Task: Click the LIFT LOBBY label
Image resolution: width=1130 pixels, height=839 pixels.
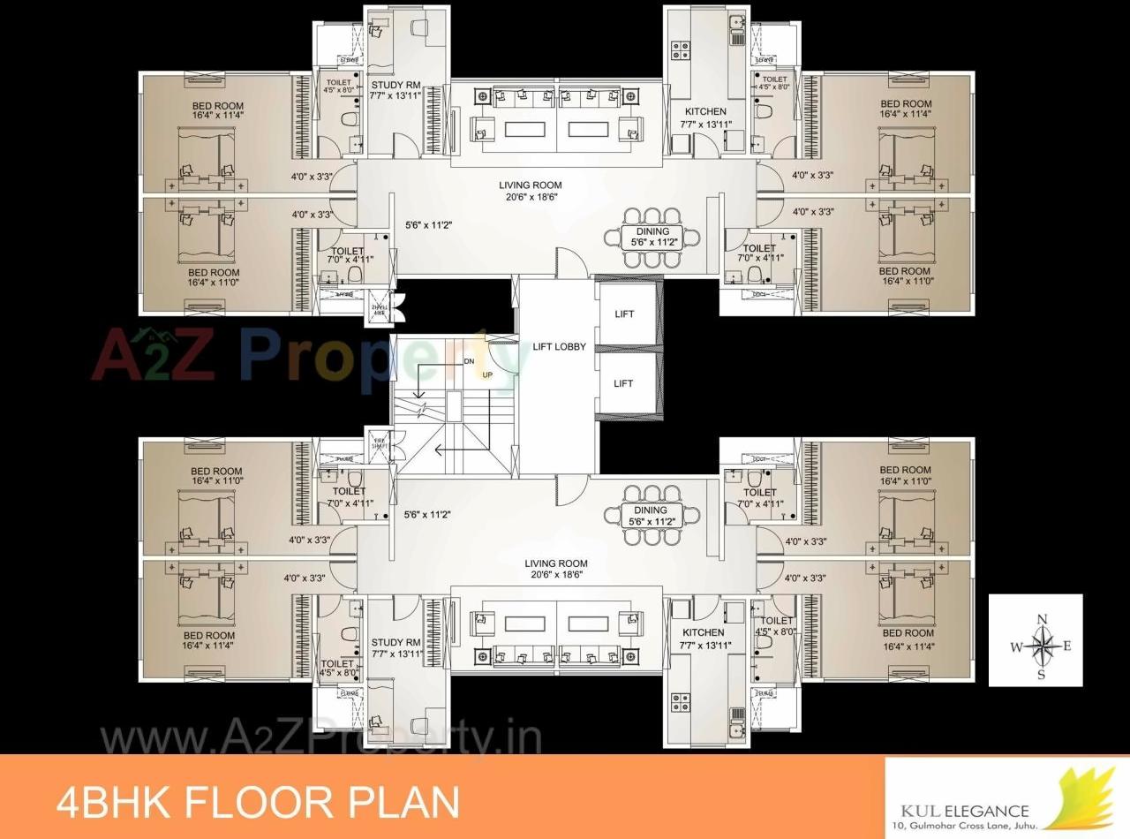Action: [559, 347]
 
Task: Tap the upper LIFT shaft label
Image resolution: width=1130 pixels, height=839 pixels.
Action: [623, 314]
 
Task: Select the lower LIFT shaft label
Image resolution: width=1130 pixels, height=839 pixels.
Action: [623, 383]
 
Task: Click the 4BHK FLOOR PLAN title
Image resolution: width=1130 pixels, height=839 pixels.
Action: [258, 802]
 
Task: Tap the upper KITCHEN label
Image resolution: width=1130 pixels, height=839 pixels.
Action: [706, 112]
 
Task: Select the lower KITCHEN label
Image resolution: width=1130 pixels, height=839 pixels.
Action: [704, 632]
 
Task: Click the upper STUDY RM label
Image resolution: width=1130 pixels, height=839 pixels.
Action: [395, 86]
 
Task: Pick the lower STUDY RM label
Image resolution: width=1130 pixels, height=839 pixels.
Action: [395, 642]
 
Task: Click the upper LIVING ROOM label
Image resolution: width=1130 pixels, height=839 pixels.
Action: [530, 185]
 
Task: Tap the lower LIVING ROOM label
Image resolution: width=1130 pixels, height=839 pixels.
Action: [555, 563]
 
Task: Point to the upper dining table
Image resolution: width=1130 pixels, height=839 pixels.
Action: [652, 236]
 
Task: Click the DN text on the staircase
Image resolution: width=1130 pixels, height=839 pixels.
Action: [469, 362]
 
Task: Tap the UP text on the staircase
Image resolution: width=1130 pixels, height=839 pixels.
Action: [486, 375]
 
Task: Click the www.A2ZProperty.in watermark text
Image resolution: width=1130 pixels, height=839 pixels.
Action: [320, 739]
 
